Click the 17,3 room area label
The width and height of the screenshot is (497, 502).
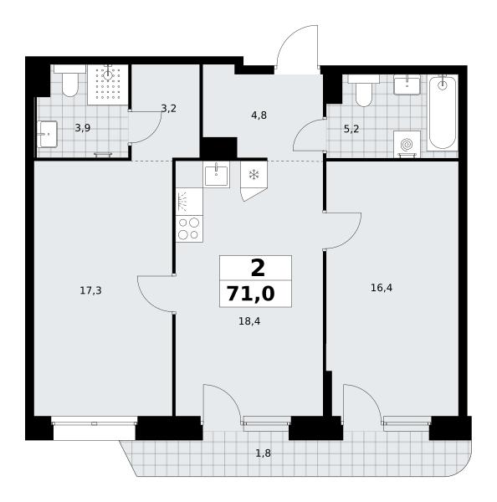[90, 290]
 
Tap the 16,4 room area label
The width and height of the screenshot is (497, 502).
[382, 288]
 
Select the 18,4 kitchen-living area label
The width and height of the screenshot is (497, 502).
[249, 321]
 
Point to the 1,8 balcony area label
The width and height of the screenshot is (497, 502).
[263, 453]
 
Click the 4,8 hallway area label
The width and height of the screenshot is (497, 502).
[259, 115]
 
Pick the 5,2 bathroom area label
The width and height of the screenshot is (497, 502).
[351, 129]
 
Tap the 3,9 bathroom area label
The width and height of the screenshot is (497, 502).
[83, 128]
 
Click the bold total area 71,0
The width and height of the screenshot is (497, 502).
[251, 294]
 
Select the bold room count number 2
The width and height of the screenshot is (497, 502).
[258, 269]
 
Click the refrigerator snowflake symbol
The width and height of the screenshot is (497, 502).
[254, 175]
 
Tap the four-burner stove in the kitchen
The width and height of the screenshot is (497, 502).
[189, 228]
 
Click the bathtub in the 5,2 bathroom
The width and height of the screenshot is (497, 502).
[443, 112]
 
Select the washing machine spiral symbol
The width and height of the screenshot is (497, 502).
[407, 145]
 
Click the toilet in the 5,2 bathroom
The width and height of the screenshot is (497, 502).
[363, 91]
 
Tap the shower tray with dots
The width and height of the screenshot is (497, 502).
[108, 85]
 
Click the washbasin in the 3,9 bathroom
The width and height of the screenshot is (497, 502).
[48, 134]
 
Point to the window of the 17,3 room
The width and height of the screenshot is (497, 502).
[95, 423]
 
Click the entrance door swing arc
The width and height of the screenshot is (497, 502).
[293, 33]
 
